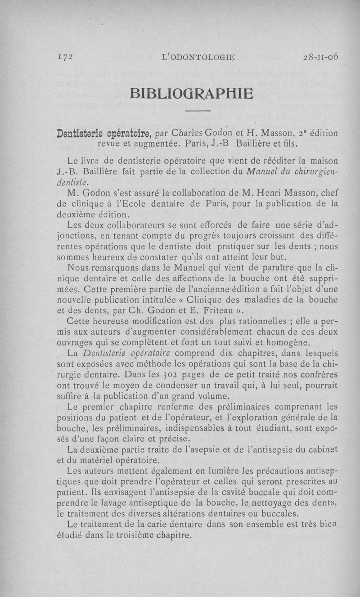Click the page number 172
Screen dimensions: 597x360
point(66,57)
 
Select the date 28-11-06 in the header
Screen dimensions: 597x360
point(321,57)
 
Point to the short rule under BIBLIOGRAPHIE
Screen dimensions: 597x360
point(198,111)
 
